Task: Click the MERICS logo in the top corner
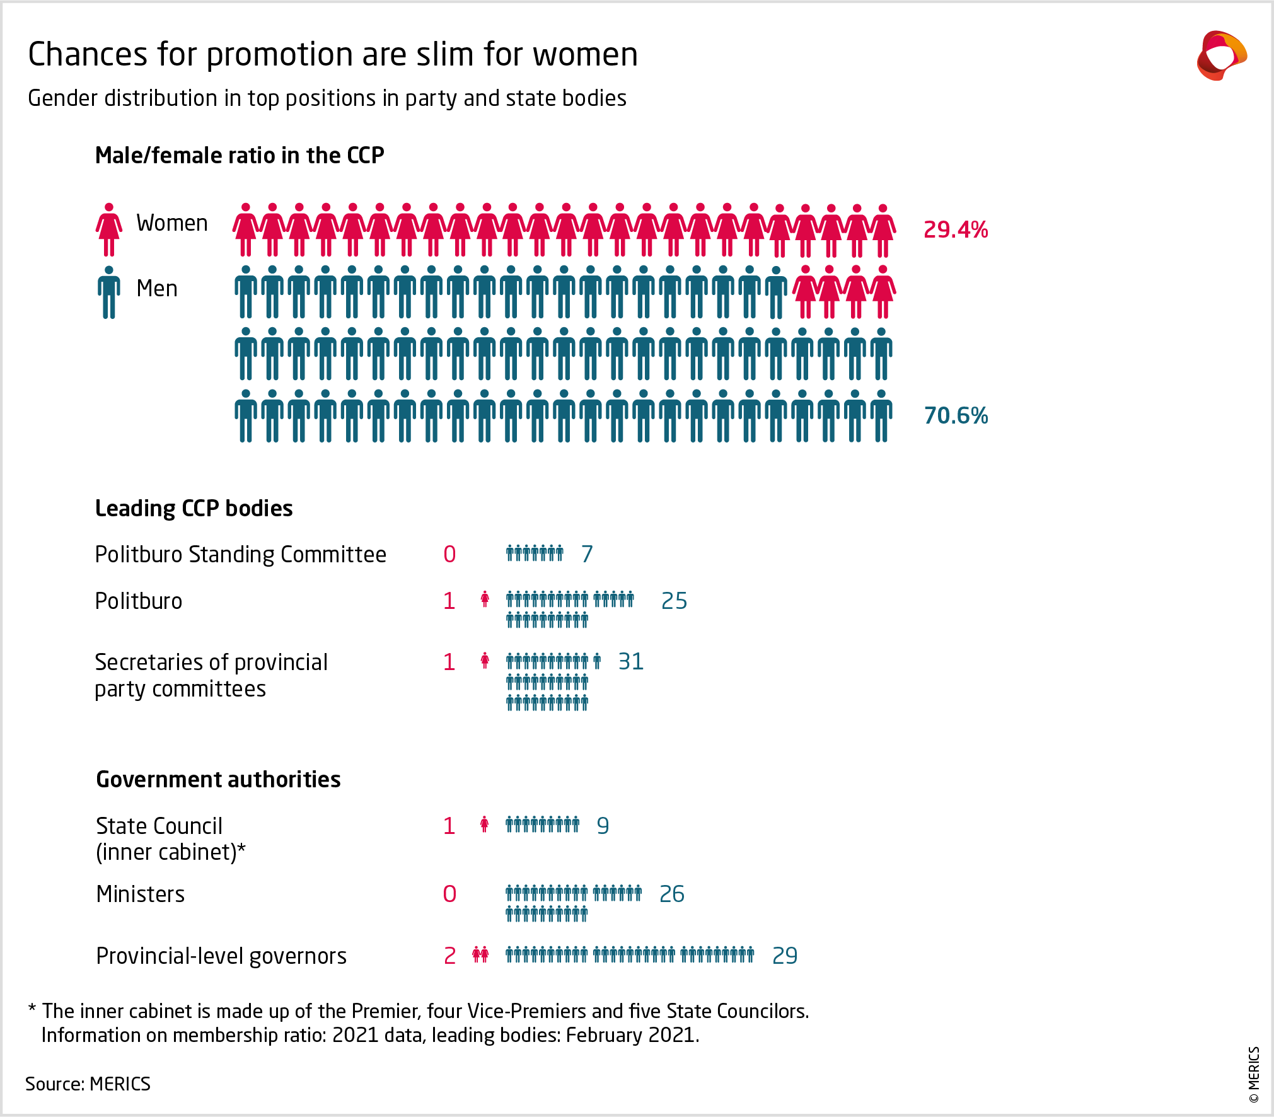click(x=1221, y=56)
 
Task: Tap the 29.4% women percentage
click(x=955, y=230)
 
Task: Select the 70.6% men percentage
click(x=955, y=416)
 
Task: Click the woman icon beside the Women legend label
click(x=109, y=229)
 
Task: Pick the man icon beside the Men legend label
click(x=109, y=292)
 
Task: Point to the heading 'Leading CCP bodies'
click(x=194, y=509)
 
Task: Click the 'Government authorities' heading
click(x=218, y=780)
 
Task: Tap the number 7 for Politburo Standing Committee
click(x=587, y=554)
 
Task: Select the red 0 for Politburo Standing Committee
click(x=449, y=554)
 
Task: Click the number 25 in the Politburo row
click(x=674, y=601)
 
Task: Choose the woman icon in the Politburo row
click(x=485, y=599)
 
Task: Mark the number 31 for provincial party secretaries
click(x=630, y=662)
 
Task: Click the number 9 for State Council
click(x=603, y=826)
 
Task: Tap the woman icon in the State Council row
click(x=484, y=825)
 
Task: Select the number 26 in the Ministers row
click(x=671, y=894)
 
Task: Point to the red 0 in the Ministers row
click(x=449, y=894)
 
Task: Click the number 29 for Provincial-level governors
click(x=785, y=956)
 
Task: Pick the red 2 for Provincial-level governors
click(x=449, y=956)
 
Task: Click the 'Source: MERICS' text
click(x=88, y=1084)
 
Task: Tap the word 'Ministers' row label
click(x=141, y=894)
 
